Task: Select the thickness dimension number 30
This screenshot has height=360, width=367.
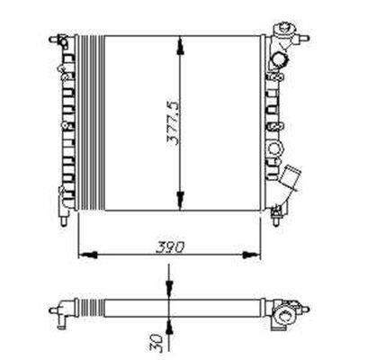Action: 157,342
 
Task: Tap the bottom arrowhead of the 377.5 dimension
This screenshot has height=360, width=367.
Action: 182,205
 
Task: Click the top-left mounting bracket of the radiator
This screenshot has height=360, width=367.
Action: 61,40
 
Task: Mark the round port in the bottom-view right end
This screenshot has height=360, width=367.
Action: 285,315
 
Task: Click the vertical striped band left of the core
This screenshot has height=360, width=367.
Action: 90,122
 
